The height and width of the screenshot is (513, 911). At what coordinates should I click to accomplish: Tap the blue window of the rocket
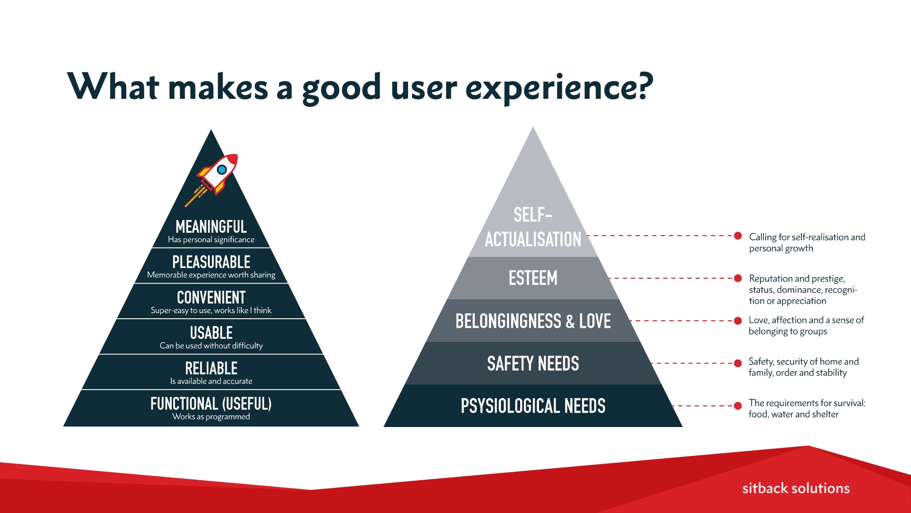[x=222, y=169]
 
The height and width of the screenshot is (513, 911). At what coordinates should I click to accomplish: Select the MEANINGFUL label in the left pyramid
[x=211, y=227]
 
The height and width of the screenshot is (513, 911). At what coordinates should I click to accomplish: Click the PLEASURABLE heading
[x=211, y=262]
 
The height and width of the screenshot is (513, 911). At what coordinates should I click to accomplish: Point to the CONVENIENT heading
[x=211, y=298]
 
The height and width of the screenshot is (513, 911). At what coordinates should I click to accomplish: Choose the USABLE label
[x=211, y=333]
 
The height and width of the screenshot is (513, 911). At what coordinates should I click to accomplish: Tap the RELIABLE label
[x=211, y=369]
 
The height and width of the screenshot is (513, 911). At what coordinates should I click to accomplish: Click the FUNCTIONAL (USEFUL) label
[x=211, y=404]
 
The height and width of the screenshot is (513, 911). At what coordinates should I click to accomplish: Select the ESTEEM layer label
[x=533, y=278]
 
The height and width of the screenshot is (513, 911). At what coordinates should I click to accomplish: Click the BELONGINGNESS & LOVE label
[x=533, y=321]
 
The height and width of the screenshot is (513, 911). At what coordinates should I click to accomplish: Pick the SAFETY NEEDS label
[x=533, y=364]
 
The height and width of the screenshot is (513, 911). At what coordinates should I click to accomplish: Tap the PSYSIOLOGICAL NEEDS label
[x=533, y=406]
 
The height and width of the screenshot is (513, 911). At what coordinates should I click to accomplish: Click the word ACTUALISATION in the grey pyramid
[x=533, y=239]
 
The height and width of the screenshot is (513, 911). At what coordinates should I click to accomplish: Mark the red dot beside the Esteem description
[x=738, y=278]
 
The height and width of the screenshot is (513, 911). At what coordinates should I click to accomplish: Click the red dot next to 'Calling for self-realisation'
[x=738, y=236]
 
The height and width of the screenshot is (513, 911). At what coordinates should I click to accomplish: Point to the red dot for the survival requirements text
[x=738, y=406]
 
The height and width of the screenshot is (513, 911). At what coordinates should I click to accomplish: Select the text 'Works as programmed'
[x=211, y=417]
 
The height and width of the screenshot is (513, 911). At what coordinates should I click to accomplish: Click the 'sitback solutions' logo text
[x=796, y=488]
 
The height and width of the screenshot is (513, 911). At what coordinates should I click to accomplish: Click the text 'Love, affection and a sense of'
[x=806, y=320]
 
